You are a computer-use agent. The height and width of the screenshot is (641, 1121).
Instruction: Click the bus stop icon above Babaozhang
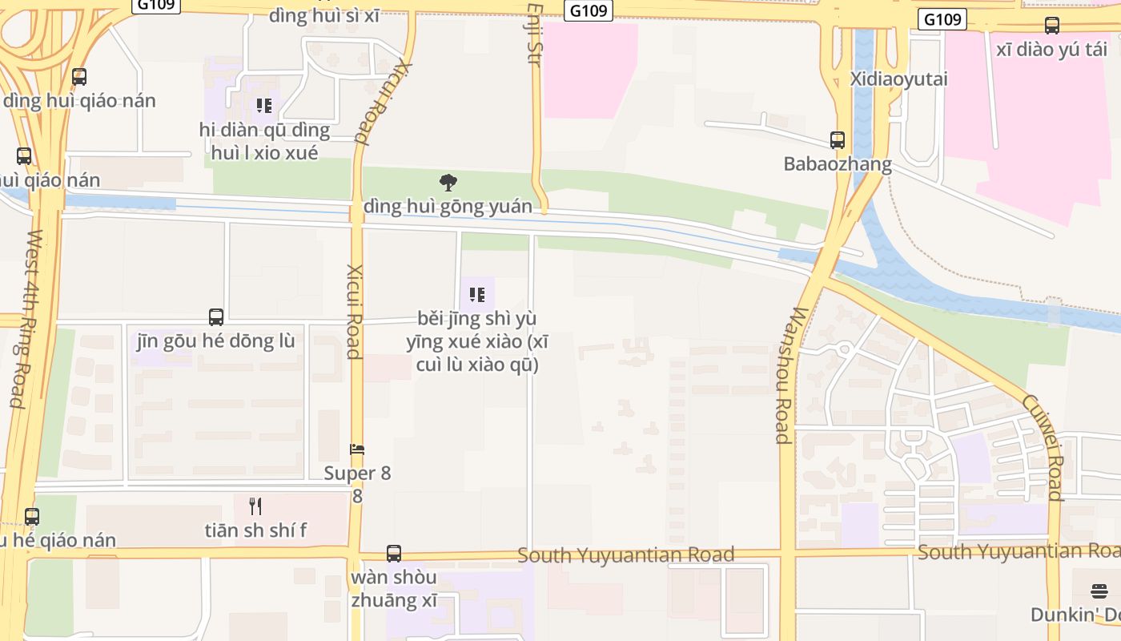coord(838,140)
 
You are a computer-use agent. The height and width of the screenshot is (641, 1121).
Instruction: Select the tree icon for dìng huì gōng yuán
coord(448,183)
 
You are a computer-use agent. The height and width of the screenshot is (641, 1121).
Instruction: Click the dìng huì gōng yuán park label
coord(448,207)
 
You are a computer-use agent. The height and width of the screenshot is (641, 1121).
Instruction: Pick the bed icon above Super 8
coord(357,450)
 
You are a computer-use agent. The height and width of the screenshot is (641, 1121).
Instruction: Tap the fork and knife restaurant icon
coord(255,506)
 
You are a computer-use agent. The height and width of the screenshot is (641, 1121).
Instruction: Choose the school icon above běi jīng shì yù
coord(477,295)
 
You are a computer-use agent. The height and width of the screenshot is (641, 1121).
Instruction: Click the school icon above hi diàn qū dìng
coord(264,105)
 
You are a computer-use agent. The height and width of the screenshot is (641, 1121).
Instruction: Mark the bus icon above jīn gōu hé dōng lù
coord(216,316)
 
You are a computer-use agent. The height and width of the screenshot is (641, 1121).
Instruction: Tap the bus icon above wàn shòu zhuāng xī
coord(394,553)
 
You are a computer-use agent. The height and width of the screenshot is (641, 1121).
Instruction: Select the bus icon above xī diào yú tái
coord(1052,26)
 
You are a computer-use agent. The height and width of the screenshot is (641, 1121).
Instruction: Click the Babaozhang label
coord(838,164)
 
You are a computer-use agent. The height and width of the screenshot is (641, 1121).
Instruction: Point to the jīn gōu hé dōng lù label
coord(216,341)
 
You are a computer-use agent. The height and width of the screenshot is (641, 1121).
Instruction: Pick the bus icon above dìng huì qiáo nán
coord(79,77)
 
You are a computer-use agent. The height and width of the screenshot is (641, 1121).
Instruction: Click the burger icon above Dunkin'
coord(1099,591)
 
